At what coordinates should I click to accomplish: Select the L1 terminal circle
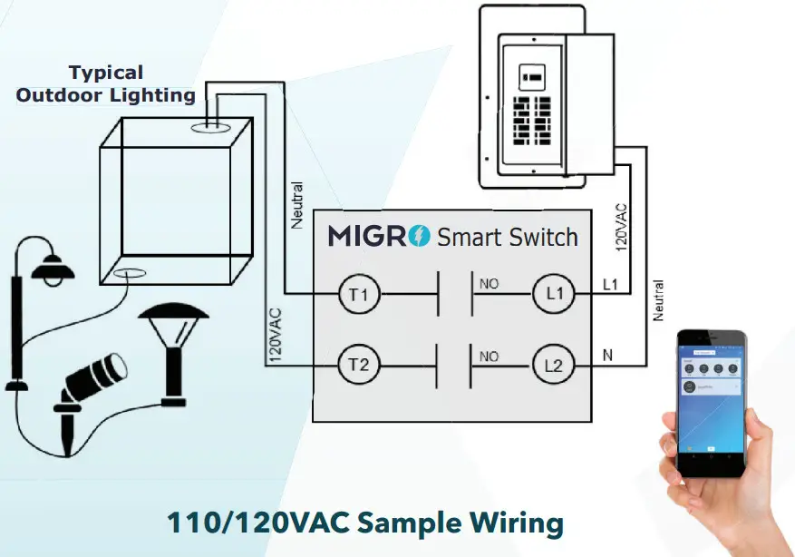pyautogui.click(x=555, y=294)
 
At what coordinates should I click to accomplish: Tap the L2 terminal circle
pyautogui.click(x=555, y=365)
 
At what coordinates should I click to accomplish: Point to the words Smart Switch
pyautogui.click(x=508, y=238)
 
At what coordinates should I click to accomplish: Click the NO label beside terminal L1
pyautogui.click(x=489, y=284)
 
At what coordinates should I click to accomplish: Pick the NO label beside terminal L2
pyautogui.click(x=489, y=357)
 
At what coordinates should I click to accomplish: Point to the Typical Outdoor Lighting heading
pyautogui.click(x=106, y=83)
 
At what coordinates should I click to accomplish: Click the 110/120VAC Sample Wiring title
pyautogui.click(x=364, y=523)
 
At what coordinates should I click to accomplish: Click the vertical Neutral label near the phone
pyautogui.click(x=659, y=300)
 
